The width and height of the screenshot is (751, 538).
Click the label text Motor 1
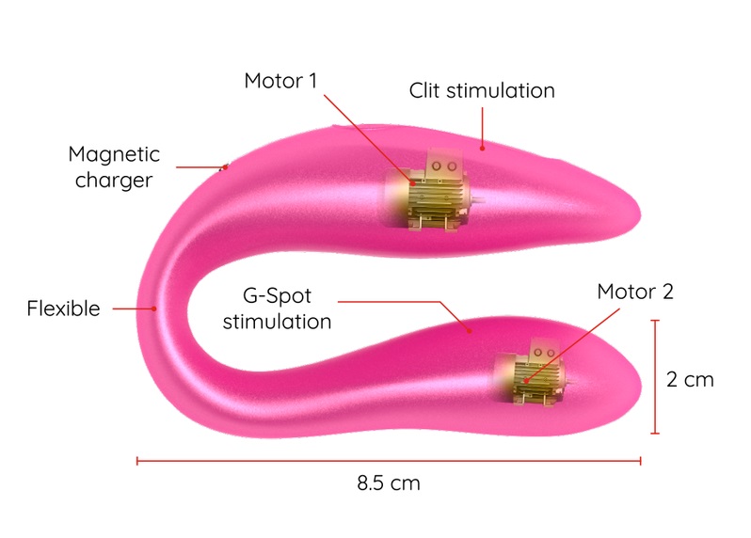click(280, 81)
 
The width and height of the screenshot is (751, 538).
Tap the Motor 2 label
click(635, 292)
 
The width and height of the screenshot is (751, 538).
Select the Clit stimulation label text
click(481, 91)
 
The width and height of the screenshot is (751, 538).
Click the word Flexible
click(63, 309)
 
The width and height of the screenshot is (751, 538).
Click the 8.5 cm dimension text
click(388, 484)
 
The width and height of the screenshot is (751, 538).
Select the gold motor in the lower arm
click(535, 372)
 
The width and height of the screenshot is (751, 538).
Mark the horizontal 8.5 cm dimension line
click(388, 461)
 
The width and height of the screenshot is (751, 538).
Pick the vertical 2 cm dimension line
click(655, 376)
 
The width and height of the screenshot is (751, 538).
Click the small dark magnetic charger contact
click(224, 168)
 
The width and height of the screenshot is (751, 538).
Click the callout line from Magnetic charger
click(200, 167)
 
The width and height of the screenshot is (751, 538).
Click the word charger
click(113, 180)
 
